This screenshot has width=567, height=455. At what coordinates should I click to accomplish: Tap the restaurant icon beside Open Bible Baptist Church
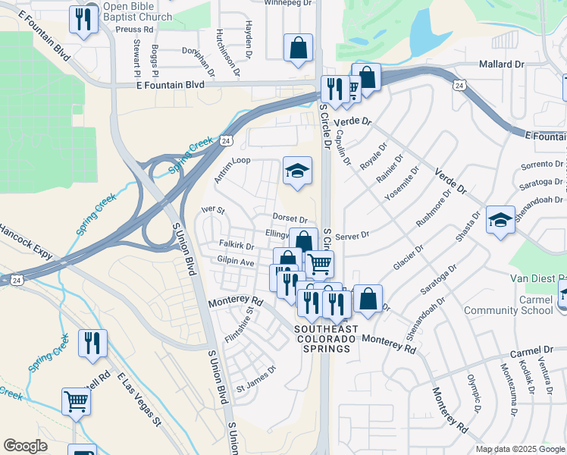coord(81,20)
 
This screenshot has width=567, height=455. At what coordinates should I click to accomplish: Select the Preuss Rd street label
coord(136,30)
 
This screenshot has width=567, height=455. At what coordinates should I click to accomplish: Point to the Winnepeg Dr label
coord(287,3)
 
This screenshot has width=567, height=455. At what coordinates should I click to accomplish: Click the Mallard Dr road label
coord(501,65)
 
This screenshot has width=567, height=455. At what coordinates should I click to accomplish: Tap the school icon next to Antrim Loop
coord(298,171)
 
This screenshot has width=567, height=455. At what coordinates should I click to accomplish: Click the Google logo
coord(25,446)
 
